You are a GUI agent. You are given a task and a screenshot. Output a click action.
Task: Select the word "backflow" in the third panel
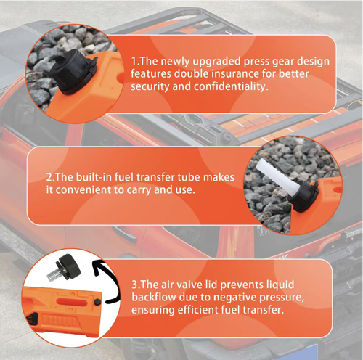pos(154,297)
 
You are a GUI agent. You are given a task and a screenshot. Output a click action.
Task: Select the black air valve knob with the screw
pos(68,267)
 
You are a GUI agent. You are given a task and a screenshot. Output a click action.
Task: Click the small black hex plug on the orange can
pos(97,302)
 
